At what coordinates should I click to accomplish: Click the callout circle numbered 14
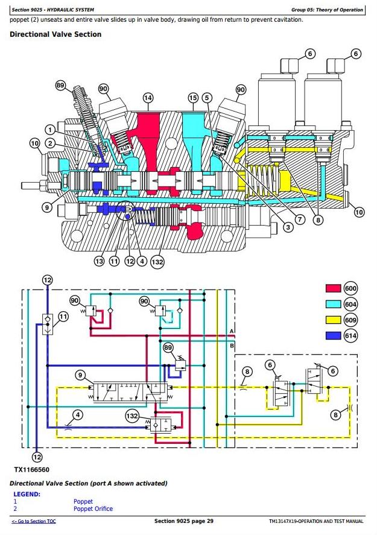coord(148,98)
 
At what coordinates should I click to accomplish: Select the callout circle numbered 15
coord(193,98)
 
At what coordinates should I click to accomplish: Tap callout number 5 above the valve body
coord(207,98)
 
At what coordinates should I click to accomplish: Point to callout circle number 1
coord(50,129)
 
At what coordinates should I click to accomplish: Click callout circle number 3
coord(289,227)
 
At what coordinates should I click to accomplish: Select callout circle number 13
coord(99,261)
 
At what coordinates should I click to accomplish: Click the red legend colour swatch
coord(334,288)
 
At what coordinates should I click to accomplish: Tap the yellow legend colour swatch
coord(334,320)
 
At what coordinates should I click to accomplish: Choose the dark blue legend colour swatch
coord(334,336)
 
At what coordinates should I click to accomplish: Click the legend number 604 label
coord(350,305)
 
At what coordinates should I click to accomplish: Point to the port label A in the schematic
coord(232,331)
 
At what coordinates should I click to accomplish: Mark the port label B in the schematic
coord(232,346)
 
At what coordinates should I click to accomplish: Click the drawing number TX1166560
coord(31,468)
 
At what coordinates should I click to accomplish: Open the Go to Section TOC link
coord(34,521)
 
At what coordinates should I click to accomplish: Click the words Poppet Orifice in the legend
coord(93,508)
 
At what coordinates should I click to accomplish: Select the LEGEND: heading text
coord(27,494)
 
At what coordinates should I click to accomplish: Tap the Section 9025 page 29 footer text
coord(183,521)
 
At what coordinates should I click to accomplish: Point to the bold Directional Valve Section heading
coord(55,34)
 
